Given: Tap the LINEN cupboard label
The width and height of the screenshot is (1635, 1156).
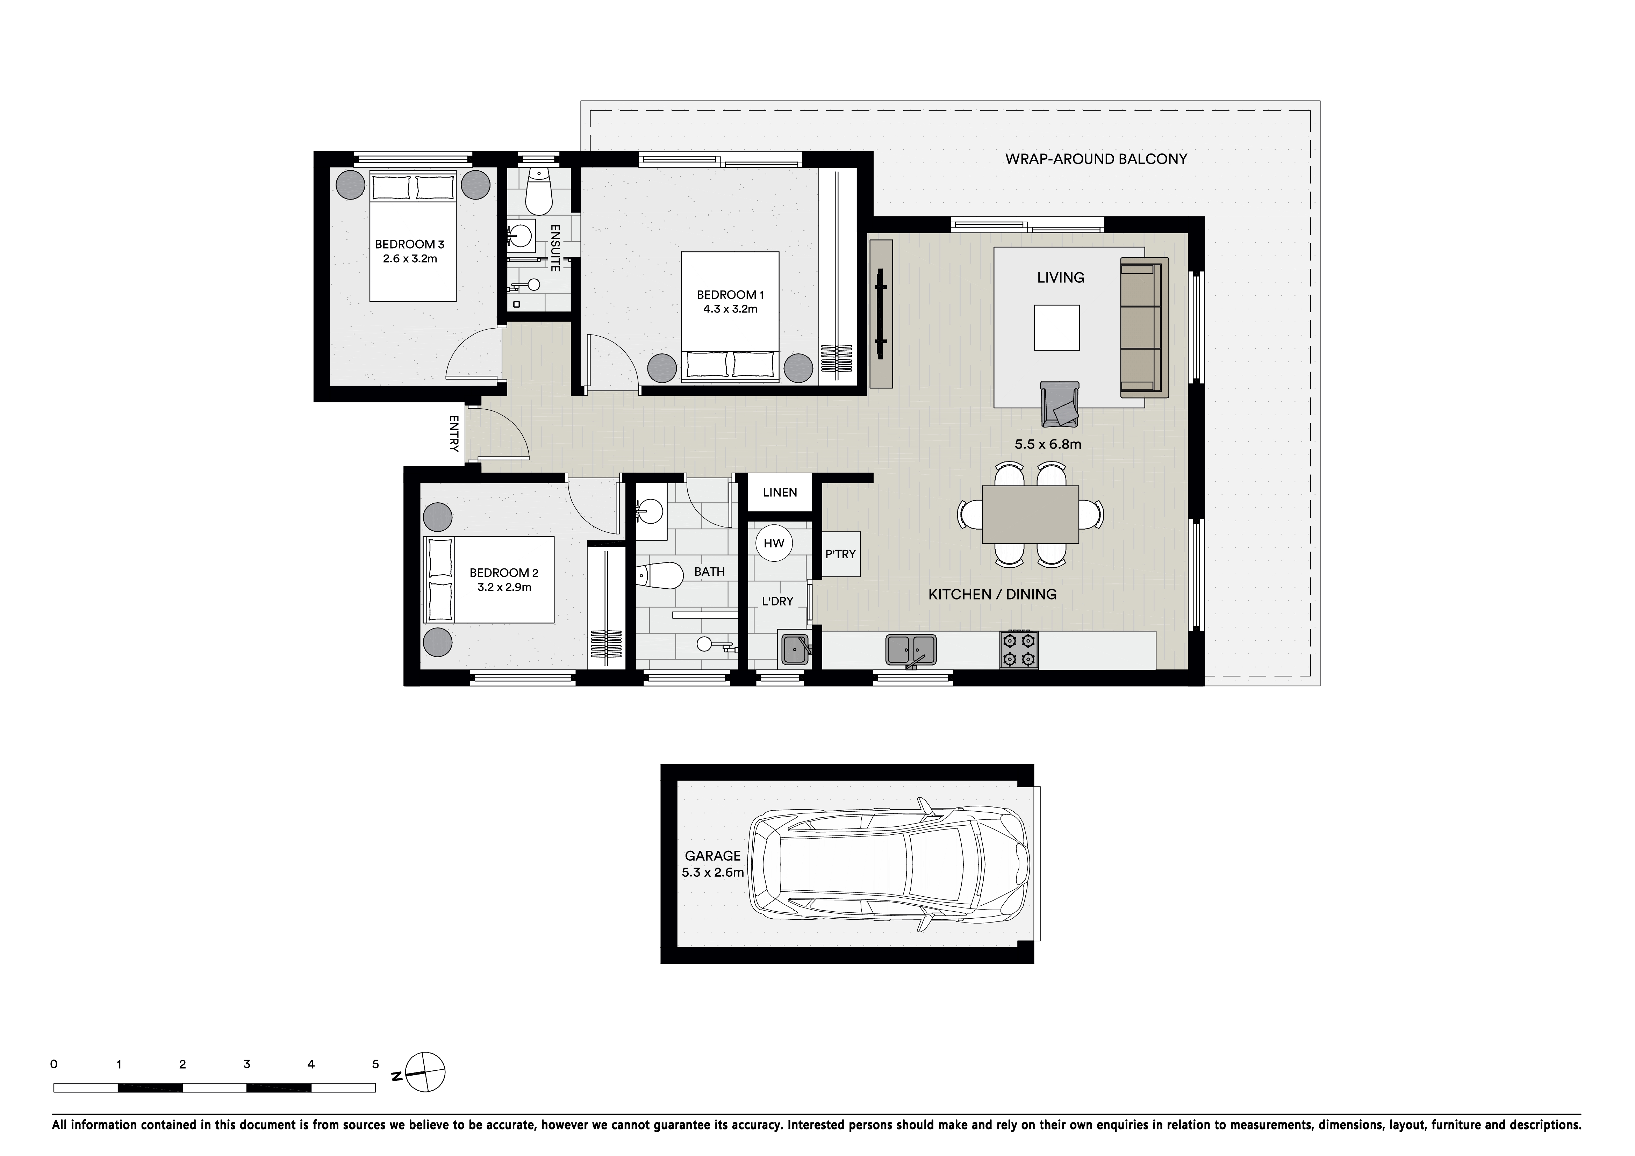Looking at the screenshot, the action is click(780, 492).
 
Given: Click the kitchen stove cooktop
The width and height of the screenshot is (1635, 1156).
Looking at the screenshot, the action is click(1019, 649).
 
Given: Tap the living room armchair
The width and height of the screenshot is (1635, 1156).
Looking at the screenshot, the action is click(1060, 404).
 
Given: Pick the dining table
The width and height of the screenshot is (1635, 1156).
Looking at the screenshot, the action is click(1031, 514).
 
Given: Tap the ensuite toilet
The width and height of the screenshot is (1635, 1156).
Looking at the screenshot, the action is click(539, 191).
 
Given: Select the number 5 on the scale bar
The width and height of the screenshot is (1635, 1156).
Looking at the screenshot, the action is click(375, 1064).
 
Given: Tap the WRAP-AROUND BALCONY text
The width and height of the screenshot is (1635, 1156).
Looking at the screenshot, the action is click(1096, 159).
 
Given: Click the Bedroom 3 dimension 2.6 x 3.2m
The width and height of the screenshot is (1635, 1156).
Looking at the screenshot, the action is click(410, 259).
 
